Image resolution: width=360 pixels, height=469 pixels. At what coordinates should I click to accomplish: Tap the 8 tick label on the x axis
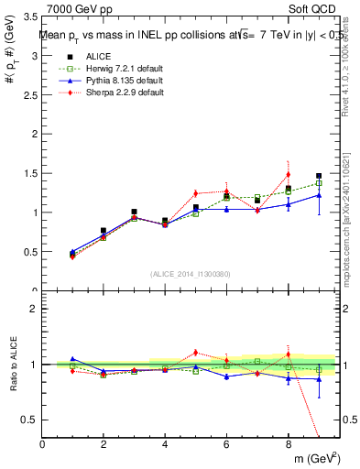click(x=289, y=445)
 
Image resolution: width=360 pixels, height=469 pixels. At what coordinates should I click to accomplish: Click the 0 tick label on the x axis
click(x=43, y=445)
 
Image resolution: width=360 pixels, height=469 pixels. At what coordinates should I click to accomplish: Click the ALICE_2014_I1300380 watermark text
click(x=191, y=274)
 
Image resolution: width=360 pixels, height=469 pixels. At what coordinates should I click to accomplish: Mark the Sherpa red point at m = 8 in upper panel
click(x=289, y=174)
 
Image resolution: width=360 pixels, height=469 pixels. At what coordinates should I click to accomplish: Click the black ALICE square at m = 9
click(x=319, y=176)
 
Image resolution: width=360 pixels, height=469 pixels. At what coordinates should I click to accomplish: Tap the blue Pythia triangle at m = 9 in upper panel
click(x=319, y=195)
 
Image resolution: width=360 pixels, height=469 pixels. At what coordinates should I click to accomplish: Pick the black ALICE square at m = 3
click(x=135, y=212)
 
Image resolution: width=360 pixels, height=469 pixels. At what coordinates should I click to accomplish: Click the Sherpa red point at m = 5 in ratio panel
click(x=196, y=352)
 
